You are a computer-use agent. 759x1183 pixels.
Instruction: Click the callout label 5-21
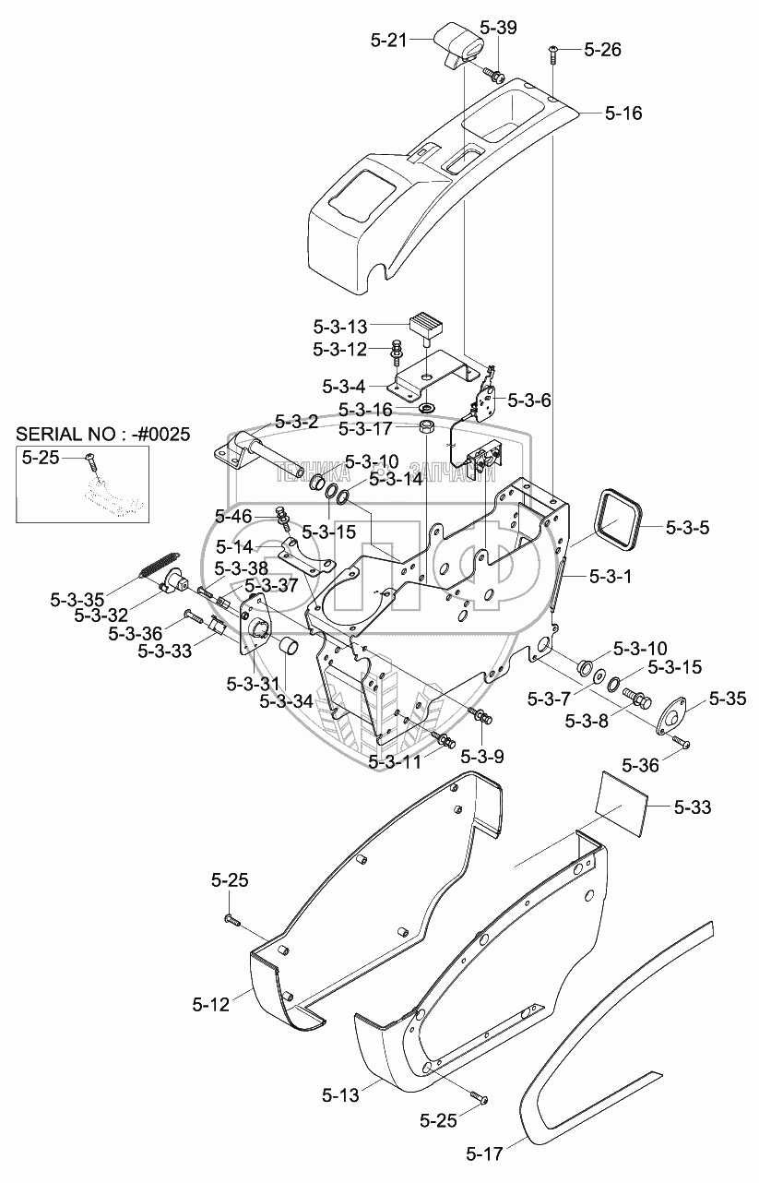click(389, 40)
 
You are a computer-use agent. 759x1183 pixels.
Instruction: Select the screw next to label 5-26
click(552, 54)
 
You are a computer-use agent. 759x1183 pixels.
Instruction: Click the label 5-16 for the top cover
click(623, 113)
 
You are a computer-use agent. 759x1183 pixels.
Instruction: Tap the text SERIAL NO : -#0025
click(103, 434)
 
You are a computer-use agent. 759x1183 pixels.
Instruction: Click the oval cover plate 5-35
click(671, 715)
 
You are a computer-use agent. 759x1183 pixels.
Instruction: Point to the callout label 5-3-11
click(395, 761)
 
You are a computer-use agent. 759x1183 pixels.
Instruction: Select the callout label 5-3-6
click(529, 400)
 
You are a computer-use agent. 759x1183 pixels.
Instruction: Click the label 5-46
click(234, 516)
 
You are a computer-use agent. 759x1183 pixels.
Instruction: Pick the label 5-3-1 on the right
click(611, 576)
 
